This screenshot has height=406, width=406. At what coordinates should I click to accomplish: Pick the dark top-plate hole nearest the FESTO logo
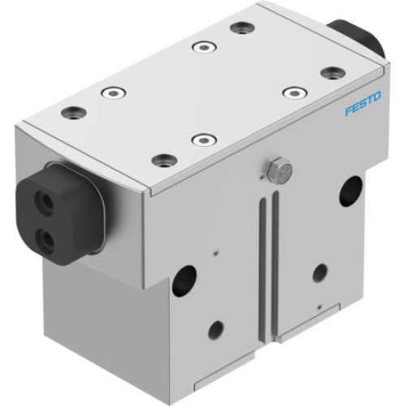click(x=332, y=73)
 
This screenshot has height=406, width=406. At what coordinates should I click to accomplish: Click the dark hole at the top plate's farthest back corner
click(x=242, y=28)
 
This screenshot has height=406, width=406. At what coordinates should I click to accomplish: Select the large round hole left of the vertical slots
click(x=184, y=281)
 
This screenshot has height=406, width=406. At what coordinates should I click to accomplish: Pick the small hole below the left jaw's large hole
click(x=215, y=329)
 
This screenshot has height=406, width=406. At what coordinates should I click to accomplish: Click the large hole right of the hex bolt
click(x=351, y=191)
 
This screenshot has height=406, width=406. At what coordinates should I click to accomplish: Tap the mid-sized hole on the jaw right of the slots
click(x=320, y=273)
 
